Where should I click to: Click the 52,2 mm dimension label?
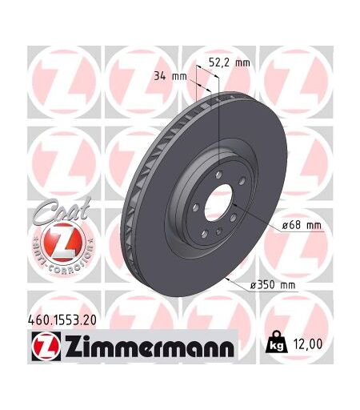pyautogui.click(x=229, y=63)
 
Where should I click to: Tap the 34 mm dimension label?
pyautogui.click(x=170, y=77)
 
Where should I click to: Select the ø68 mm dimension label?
pyautogui.click(x=302, y=226)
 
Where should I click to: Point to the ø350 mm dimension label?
pyautogui.click(x=273, y=285)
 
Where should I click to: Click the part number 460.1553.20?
pyautogui.click(x=62, y=320)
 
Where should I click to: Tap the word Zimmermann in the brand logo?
pyautogui.click(x=150, y=347)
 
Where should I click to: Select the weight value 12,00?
pyautogui.click(x=307, y=344)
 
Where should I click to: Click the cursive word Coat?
pyautogui.click(x=62, y=210)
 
